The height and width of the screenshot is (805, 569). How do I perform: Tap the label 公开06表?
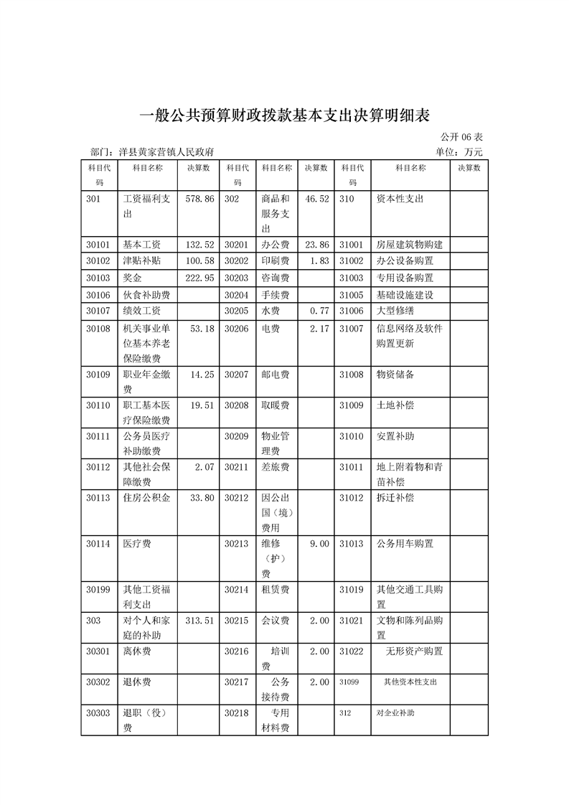[461, 137]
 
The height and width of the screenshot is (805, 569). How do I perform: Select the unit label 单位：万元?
[459, 152]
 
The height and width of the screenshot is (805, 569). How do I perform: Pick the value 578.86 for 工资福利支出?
[199, 199]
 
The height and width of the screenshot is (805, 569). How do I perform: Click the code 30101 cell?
[98, 245]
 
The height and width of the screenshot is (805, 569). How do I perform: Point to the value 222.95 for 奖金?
[199, 278]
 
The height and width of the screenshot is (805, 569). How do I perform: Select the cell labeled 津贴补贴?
[142, 261]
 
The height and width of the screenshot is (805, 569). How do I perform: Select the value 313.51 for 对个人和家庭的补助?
[199, 621]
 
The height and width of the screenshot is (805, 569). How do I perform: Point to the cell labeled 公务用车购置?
[405, 544]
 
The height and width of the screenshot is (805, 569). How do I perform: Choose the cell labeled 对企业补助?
[395, 713]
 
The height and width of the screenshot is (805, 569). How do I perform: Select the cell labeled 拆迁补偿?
[395, 498]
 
